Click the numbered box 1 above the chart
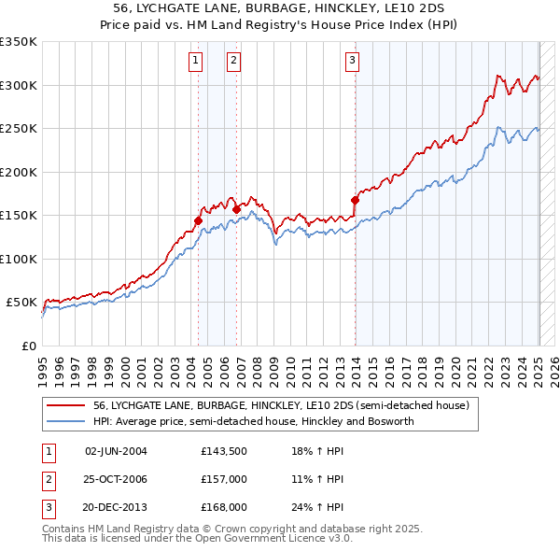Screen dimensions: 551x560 [196, 62]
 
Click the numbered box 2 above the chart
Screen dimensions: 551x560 [233, 62]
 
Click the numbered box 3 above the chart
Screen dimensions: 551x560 [353, 62]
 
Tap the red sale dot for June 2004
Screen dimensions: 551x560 [198, 220]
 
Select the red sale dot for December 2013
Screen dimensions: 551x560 [355, 199]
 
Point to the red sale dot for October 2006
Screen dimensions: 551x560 [236, 209]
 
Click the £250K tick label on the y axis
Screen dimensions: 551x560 [18, 129]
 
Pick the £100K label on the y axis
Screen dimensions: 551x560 [18, 259]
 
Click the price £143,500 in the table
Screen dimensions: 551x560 [223, 451]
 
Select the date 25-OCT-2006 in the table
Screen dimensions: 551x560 [116, 479]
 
